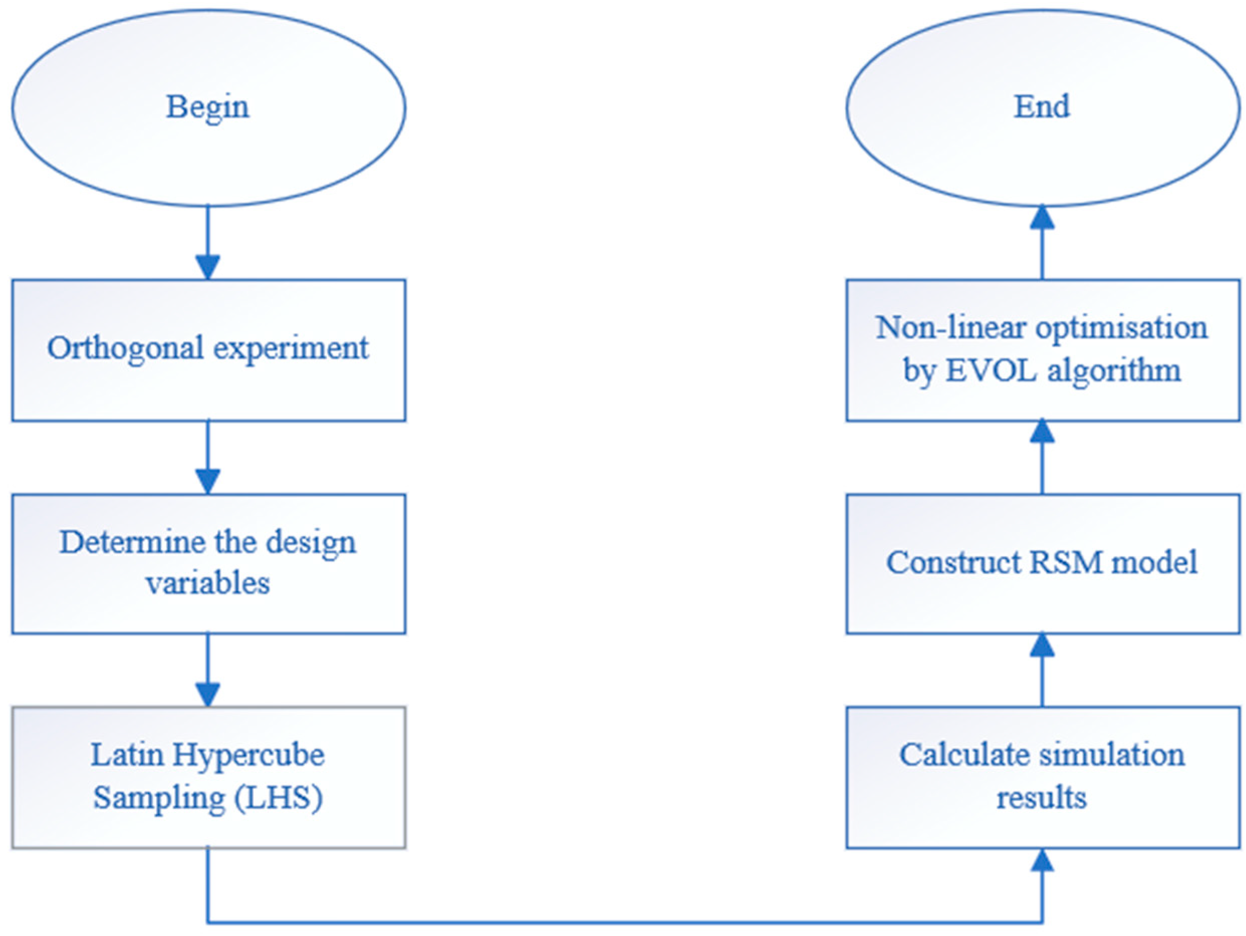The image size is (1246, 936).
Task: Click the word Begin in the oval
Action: [x=207, y=107]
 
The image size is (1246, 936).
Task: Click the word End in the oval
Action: [x=1042, y=106]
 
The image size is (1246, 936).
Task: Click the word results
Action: [x=1042, y=798]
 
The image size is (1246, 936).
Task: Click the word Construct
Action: [x=954, y=563]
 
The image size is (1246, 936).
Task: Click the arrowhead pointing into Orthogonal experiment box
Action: [x=208, y=267]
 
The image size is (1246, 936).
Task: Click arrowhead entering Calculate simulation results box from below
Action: [x=1042, y=861]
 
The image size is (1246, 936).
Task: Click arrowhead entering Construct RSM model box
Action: [x=1042, y=645]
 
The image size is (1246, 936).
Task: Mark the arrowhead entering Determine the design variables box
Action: [x=208, y=481]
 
